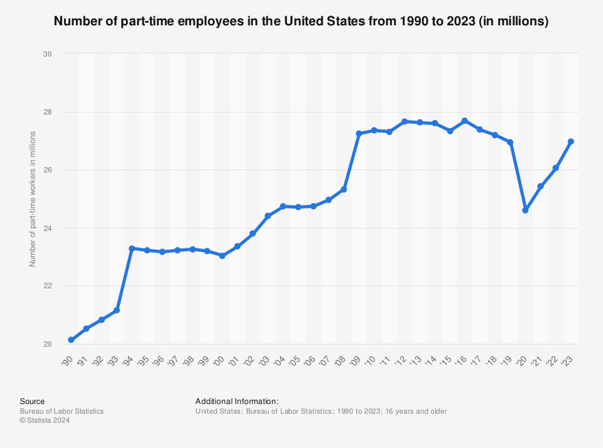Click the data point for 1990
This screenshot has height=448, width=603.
(x=71, y=340)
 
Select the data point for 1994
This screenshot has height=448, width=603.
(x=132, y=248)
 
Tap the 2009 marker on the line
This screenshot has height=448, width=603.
(x=359, y=134)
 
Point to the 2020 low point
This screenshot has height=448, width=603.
(x=525, y=210)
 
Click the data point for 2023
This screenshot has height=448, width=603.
(x=571, y=141)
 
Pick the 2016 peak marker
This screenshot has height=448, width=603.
(x=465, y=121)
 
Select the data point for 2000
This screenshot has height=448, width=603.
(x=222, y=256)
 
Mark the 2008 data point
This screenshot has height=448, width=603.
(x=344, y=189)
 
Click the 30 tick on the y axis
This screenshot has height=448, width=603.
(x=47, y=54)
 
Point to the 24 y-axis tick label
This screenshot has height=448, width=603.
(x=47, y=228)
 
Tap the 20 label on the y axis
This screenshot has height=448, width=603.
(x=47, y=344)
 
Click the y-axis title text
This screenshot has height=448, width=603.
(x=32, y=199)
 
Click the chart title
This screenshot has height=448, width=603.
(x=301, y=21)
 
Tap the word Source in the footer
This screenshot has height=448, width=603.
(x=32, y=401)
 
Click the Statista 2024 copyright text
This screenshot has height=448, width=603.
(x=45, y=420)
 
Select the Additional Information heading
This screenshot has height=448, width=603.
(x=237, y=401)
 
